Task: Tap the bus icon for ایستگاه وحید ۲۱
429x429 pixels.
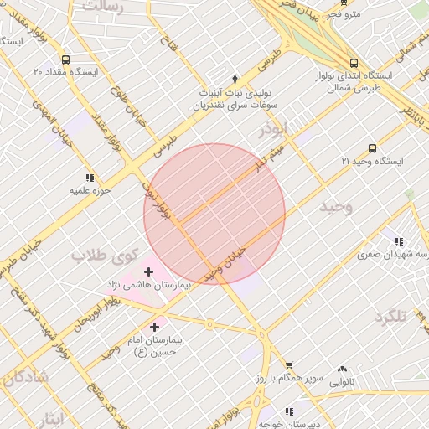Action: pyautogui.click(x=372, y=148)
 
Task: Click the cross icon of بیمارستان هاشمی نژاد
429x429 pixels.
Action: pyautogui.click(x=149, y=271)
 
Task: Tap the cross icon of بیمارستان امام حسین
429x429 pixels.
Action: pyautogui.click(x=154, y=326)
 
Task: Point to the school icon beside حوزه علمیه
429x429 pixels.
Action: pyautogui.click(x=90, y=178)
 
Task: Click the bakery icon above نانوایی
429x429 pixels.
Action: pyautogui.click(x=341, y=369)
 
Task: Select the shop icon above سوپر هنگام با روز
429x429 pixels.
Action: pyautogui.click(x=289, y=365)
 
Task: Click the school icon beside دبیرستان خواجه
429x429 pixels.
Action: pyautogui.click(x=289, y=411)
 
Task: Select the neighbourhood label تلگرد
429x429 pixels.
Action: pyautogui.click(x=390, y=317)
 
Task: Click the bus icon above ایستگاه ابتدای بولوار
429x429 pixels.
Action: pyautogui.click(x=354, y=62)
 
